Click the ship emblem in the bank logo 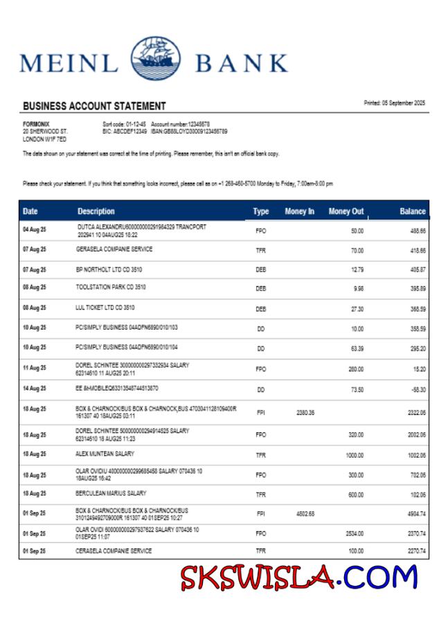coord(155,61)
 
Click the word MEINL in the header coord(69,63)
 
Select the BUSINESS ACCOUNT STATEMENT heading coord(94,106)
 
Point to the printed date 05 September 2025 coord(395,103)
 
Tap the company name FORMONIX coord(36,124)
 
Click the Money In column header coord(299,211)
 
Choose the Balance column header coord(413,211)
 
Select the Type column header coord(261,211)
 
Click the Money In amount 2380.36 coord(305,412)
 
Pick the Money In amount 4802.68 coord(305,514)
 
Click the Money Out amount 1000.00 coord(355,455)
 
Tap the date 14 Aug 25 coord(34,389)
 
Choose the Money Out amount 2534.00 coord(355,534)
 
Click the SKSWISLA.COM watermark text coord(299,577)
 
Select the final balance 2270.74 coord(415,552)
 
